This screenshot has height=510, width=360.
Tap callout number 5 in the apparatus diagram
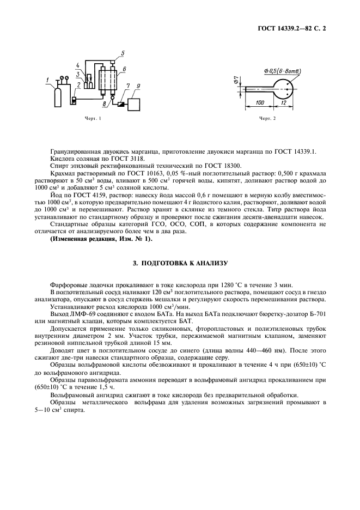pos(123,53)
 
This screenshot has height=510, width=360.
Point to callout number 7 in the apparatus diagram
pos(127,87)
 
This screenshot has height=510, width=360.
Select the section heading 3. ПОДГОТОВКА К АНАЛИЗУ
pos(180,263)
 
